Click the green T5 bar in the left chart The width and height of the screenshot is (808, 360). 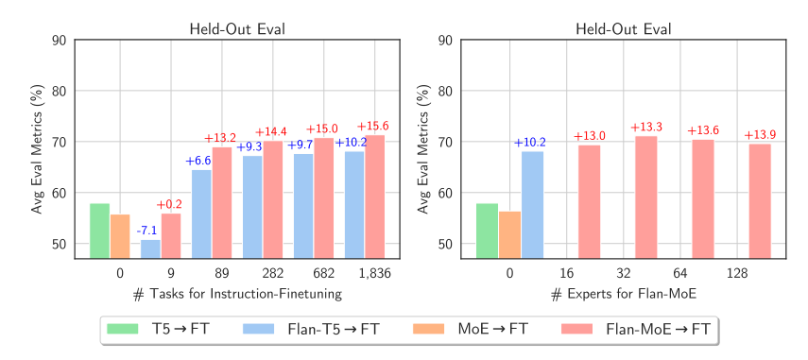(99, 231)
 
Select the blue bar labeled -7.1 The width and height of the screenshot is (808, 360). (150, 249)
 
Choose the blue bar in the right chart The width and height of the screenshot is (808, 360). (532, 204)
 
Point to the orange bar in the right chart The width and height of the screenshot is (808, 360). (509, 234)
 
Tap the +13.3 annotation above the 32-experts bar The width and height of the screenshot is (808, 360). (646, 128)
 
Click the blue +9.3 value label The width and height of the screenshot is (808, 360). (249, 146)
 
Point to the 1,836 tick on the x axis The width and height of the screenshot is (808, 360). (375, 273)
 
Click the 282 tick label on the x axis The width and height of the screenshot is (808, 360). (273, 273)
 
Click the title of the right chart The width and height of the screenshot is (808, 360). (624, 27)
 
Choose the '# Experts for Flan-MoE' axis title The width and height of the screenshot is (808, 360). (624, 294)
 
